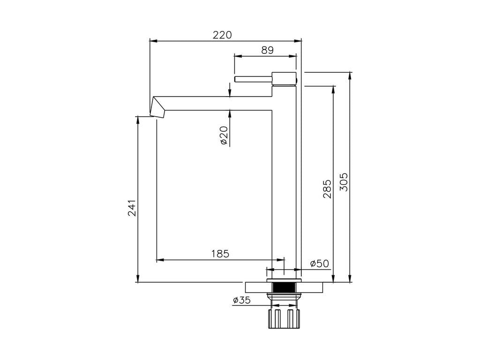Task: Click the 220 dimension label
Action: [x=222, y=35]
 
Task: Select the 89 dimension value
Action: [x=267, y=50]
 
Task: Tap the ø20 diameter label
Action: [x=225, y=135]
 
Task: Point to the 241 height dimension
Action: [x=132, y=208]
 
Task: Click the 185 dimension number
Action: [x=220, y=254]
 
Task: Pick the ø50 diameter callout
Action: [x=319, y=263]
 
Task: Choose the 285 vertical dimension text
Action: [x=327, y=189]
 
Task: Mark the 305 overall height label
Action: [x=344, y=182]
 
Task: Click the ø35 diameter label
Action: [x=241, y=300]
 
